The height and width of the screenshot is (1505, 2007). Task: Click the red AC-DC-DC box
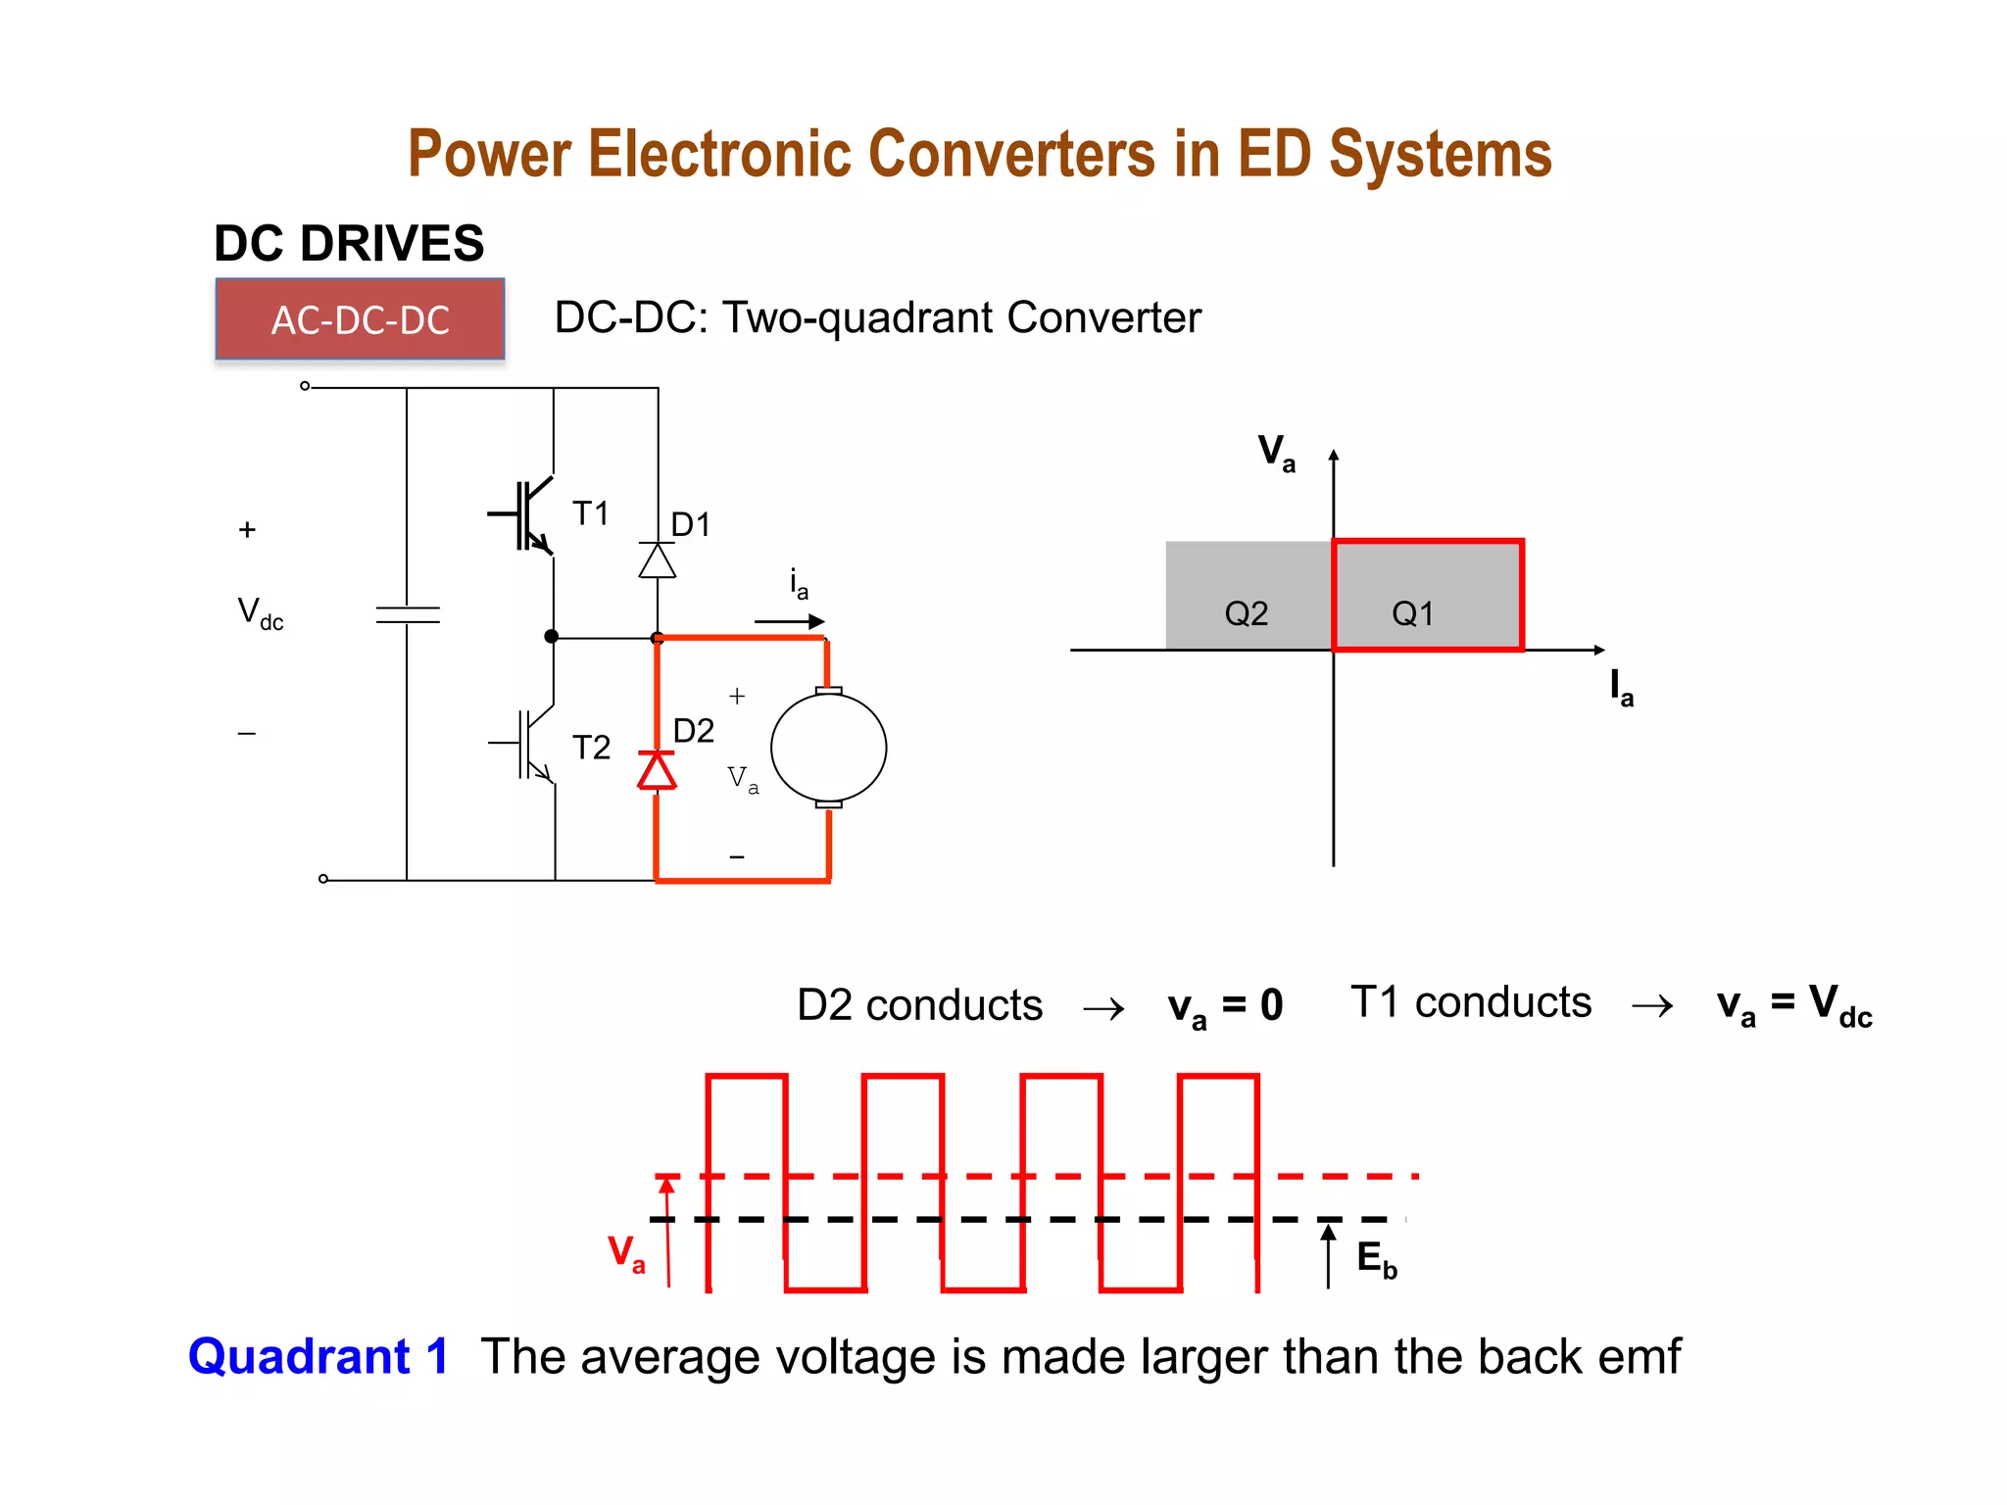pos(360,319)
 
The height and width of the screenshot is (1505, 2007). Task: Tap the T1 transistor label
pos(590,513)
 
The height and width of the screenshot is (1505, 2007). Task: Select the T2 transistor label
pos(591,748)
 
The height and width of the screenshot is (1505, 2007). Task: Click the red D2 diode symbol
pos(657,770)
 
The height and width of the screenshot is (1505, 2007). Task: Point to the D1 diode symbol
pos(657,560)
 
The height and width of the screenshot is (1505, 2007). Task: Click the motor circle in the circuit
pos(828,748)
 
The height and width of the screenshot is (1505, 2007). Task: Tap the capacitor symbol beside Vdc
pos(408,614)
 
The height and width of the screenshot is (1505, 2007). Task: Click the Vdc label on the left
pos(260,614)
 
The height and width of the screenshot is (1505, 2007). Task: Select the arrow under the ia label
pos(790,621)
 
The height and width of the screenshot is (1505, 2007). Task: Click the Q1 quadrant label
pos(1412,614)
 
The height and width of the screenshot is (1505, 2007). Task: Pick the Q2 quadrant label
pos(1246,614)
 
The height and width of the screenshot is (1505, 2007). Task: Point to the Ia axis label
pos(1621,688)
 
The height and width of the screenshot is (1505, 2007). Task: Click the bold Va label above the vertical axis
pos(1276,453)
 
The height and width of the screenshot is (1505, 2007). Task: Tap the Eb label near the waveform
pos(1376,1259)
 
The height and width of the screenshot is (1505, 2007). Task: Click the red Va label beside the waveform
pos(626,1253)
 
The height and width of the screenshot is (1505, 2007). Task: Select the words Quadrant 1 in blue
pos(318,1356)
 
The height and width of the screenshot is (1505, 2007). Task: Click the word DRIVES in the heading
pos(392,243)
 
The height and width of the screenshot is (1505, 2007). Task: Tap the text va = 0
pos(1225,1006)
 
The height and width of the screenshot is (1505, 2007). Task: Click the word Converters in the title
pos(1011,154)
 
